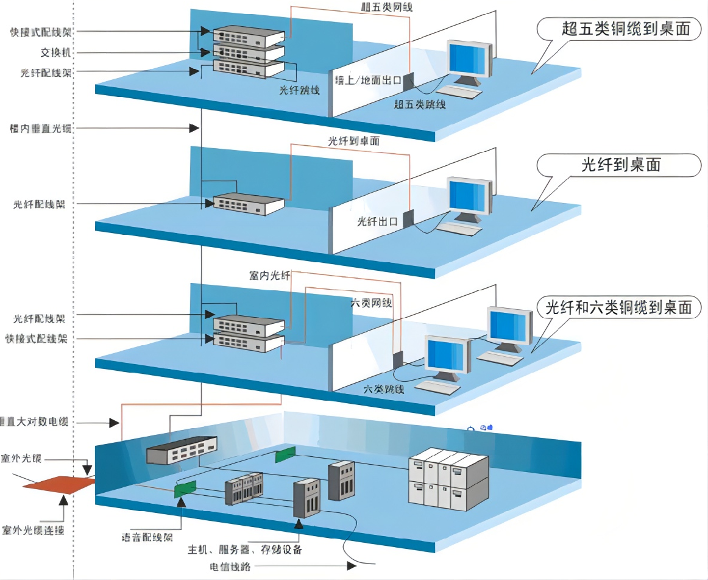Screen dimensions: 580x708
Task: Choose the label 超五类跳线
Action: click(x=420, y=104)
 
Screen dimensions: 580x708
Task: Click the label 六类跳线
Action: click(x=384, y=388)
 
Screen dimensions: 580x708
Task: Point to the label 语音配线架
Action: click(x=147, y=537)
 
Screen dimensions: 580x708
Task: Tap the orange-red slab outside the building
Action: click(x=60, y=484)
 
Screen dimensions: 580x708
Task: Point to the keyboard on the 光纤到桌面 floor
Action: click(x=459, y=229)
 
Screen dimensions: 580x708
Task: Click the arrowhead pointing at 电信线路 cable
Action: click(x=352, y=566)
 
